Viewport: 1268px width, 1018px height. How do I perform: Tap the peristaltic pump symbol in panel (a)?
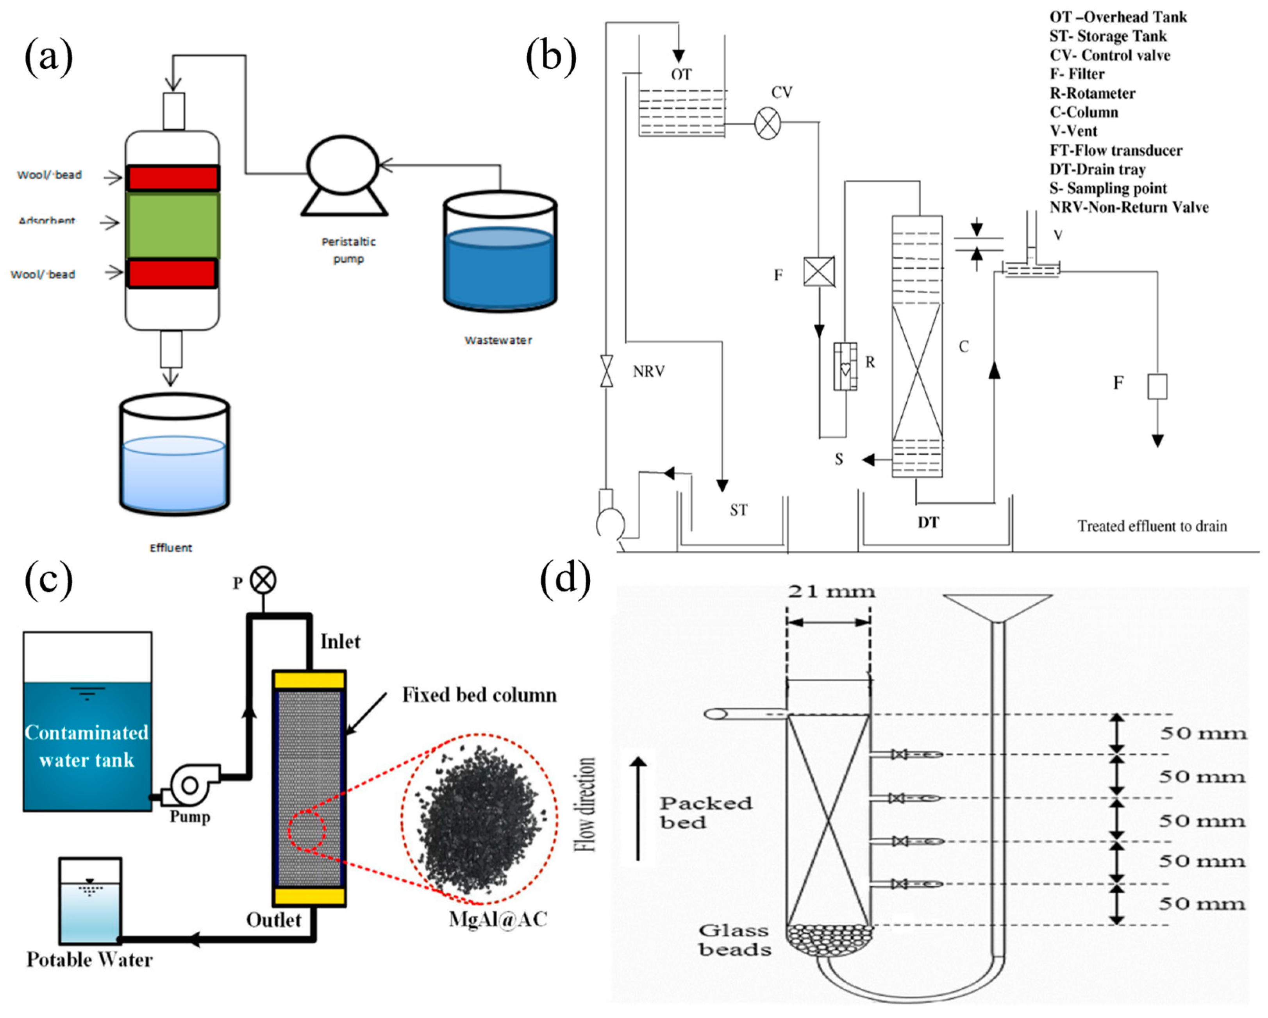pos(343,171)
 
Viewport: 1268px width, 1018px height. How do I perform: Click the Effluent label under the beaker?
pos(171,548)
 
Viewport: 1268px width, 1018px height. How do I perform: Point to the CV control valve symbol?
pos(768,123)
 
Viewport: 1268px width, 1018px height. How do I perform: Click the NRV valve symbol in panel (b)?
pos(606,371)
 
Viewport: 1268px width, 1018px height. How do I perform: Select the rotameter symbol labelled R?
pos(845,367)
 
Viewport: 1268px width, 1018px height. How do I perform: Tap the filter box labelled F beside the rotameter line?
pos(819,272)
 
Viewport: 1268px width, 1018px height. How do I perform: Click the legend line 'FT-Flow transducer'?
pos(1116,150)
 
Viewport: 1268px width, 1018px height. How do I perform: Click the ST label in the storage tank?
pos(739,510)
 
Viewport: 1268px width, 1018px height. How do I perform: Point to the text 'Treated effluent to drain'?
pos(1152,526)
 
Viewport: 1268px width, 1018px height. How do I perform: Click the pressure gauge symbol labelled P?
pos(263,580)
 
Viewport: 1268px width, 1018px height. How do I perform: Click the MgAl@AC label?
pos(498,919)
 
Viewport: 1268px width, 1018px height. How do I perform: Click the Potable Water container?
pos(90,900)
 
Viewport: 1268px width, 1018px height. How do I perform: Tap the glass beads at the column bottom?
pos(829,940)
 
